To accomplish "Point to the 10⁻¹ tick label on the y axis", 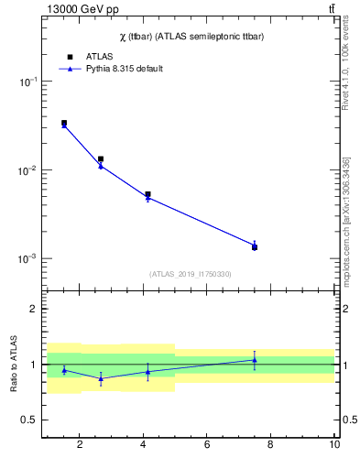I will pyautogui.click(x=27, y=82).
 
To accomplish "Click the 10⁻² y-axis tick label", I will pyautogui.click(x=27, y=170).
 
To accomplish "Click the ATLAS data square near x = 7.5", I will pyautogui.click(x=255, y=247).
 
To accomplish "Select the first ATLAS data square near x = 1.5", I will pyautogui.click(x=64, y=123).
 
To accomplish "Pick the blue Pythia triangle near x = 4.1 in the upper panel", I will pyautogui.click(x=147, y=198).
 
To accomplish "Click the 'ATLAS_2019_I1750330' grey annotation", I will pyautogui.click(x=190, y=274).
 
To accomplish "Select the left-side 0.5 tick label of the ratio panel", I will pyautogui.click(x=29, y=420).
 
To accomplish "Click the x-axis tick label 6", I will pyautogui.click(x=207, y=445).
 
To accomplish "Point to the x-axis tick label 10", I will pyautogui.click(x=334, y=445).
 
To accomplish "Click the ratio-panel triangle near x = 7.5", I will pyautogui.click(x=255, y=360).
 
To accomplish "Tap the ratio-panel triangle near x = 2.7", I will pyautogui.click(x=101, y=378).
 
